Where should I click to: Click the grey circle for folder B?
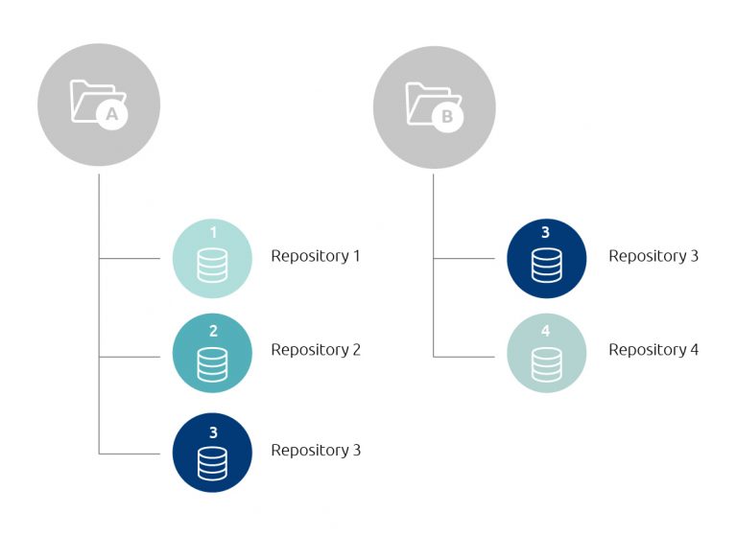pyautogui.click(x=434, y=105)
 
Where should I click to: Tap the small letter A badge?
pyautogui.click(x=112, y=115)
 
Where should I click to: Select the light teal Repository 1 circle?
pyautogui.click(x=212, y=258)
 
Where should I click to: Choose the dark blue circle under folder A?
pyautogui.click(x=212, y=453)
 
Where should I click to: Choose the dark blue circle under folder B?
pyautogui.click(x=546, y=258)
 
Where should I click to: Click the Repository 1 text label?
pyautogui.click(x=315, y=256)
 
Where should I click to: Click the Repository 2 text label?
pyautogui.click(x=315, y=350)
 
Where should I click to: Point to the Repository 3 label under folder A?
pyautogui.click(x=315, y=450)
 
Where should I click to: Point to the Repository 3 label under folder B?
pyautogui.click(x=653, y=256)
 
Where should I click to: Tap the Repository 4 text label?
pyautogui.click(x=653, y=350)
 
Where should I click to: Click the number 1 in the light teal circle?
pyautogui.click(x=212, y=233)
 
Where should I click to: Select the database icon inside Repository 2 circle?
pyautogui.click(x=212, y=362)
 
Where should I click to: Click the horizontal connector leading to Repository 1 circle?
pyautogui.click(x=135, y=258)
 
